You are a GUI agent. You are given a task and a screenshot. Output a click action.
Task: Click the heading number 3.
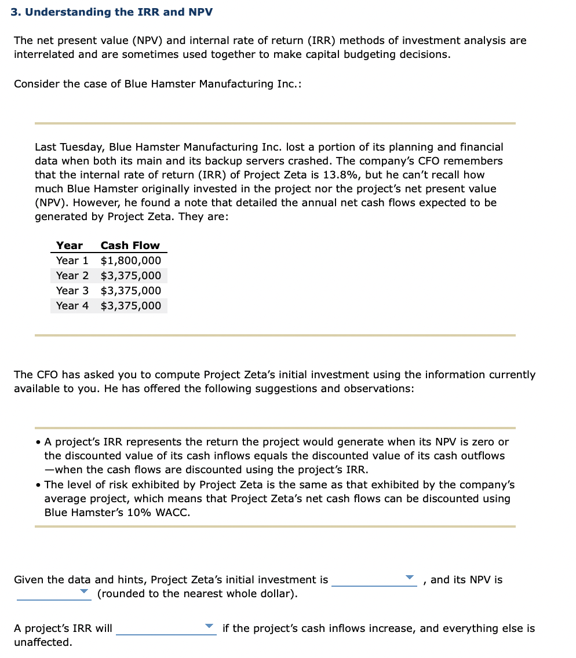point(14,12)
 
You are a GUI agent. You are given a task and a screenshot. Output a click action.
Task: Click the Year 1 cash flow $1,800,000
point(131,261)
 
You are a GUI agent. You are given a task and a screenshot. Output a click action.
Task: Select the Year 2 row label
point(72,276)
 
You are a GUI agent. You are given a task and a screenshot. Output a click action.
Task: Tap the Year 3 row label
point(72,291)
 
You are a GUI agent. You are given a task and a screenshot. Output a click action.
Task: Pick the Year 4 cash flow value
point(131,306)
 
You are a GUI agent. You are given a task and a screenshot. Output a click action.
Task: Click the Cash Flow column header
point(130,246)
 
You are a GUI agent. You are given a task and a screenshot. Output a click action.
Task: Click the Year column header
point(69,246)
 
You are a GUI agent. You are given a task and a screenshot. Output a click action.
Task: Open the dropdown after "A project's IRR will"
point(209,627)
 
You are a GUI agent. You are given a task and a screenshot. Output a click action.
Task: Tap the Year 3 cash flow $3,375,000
point(131,291)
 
